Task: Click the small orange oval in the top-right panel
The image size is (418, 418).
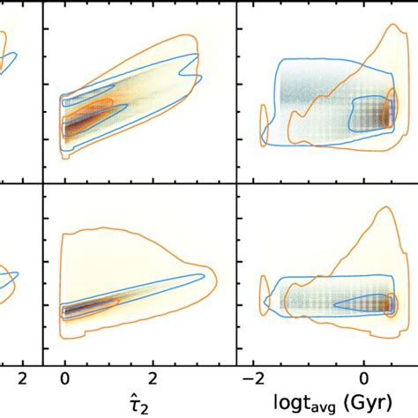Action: click(263, 123)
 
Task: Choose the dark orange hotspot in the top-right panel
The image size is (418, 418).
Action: click(385, 115)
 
